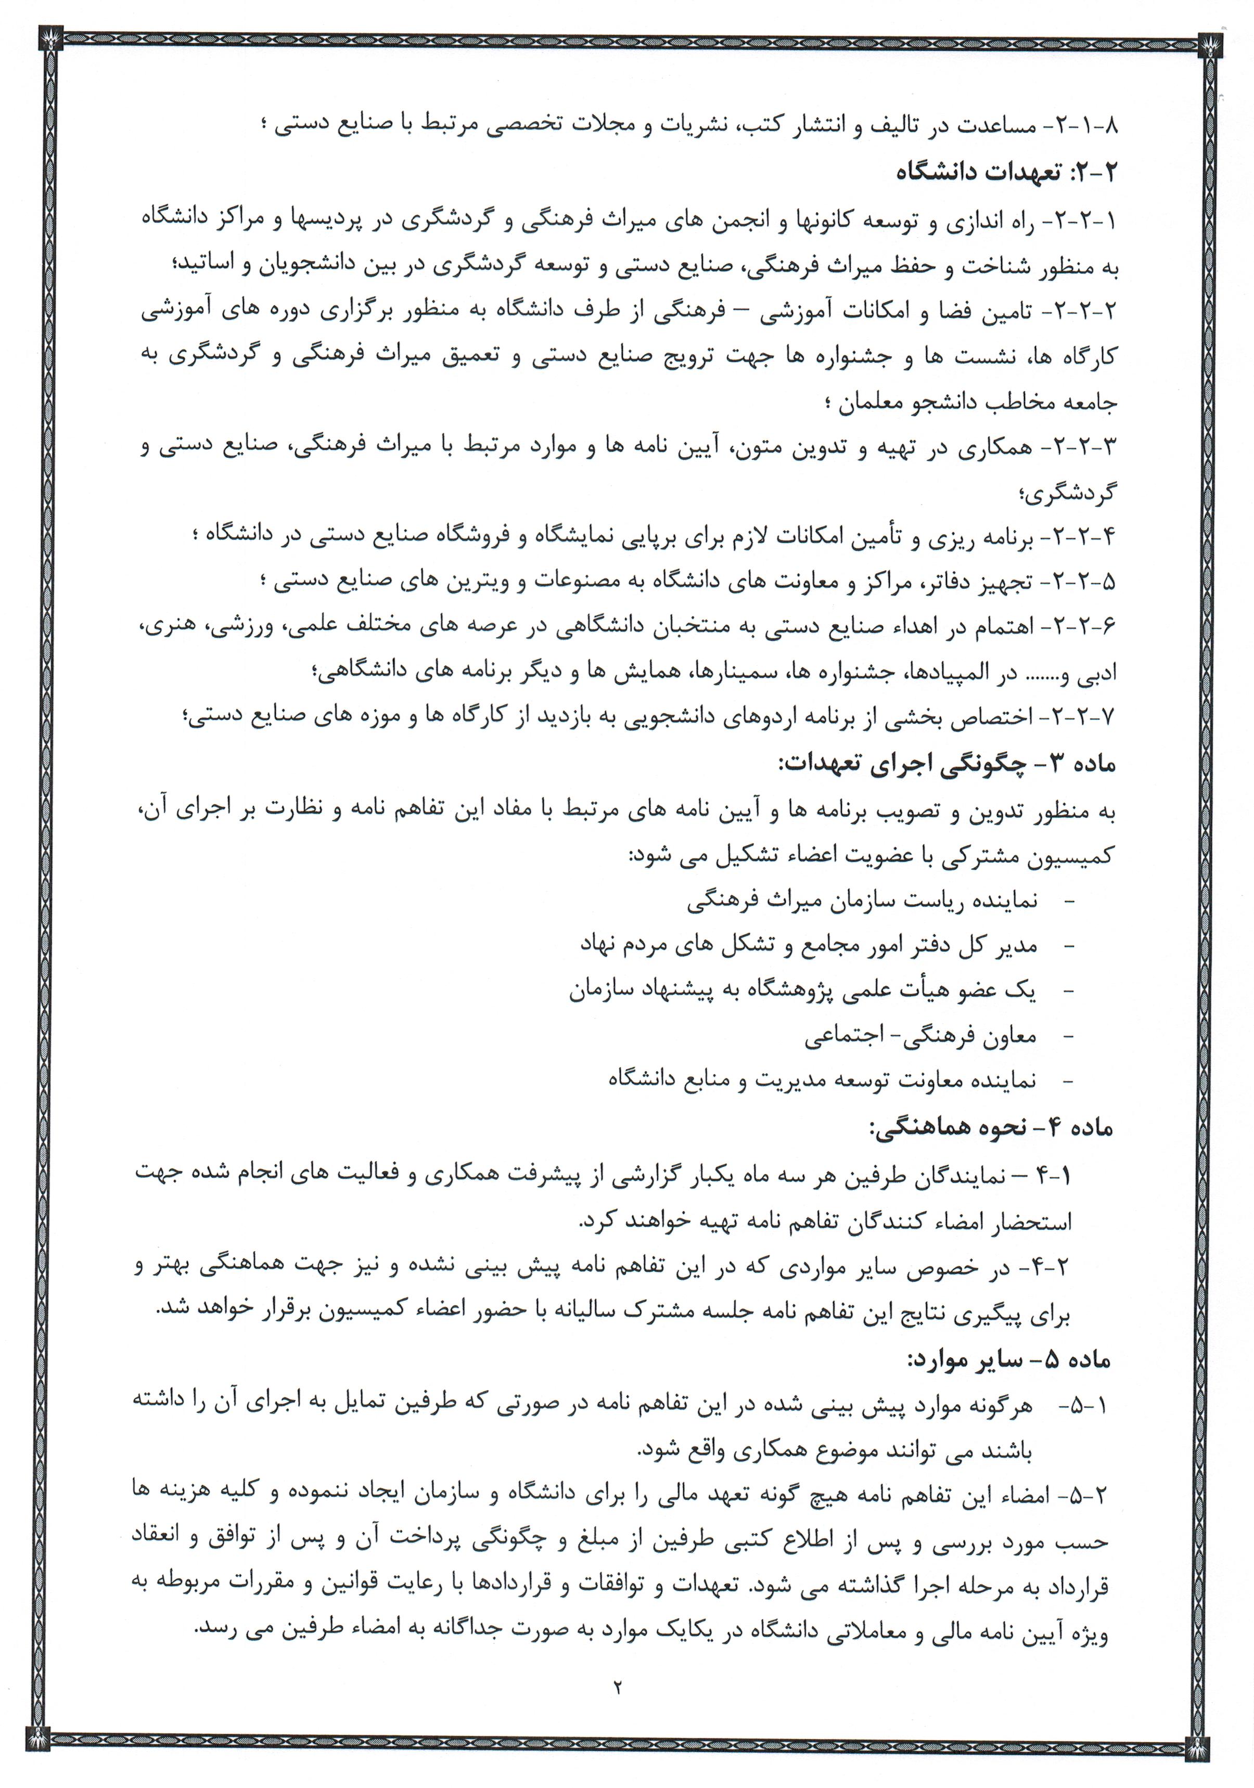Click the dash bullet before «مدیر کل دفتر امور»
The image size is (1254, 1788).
[1069, 945]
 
